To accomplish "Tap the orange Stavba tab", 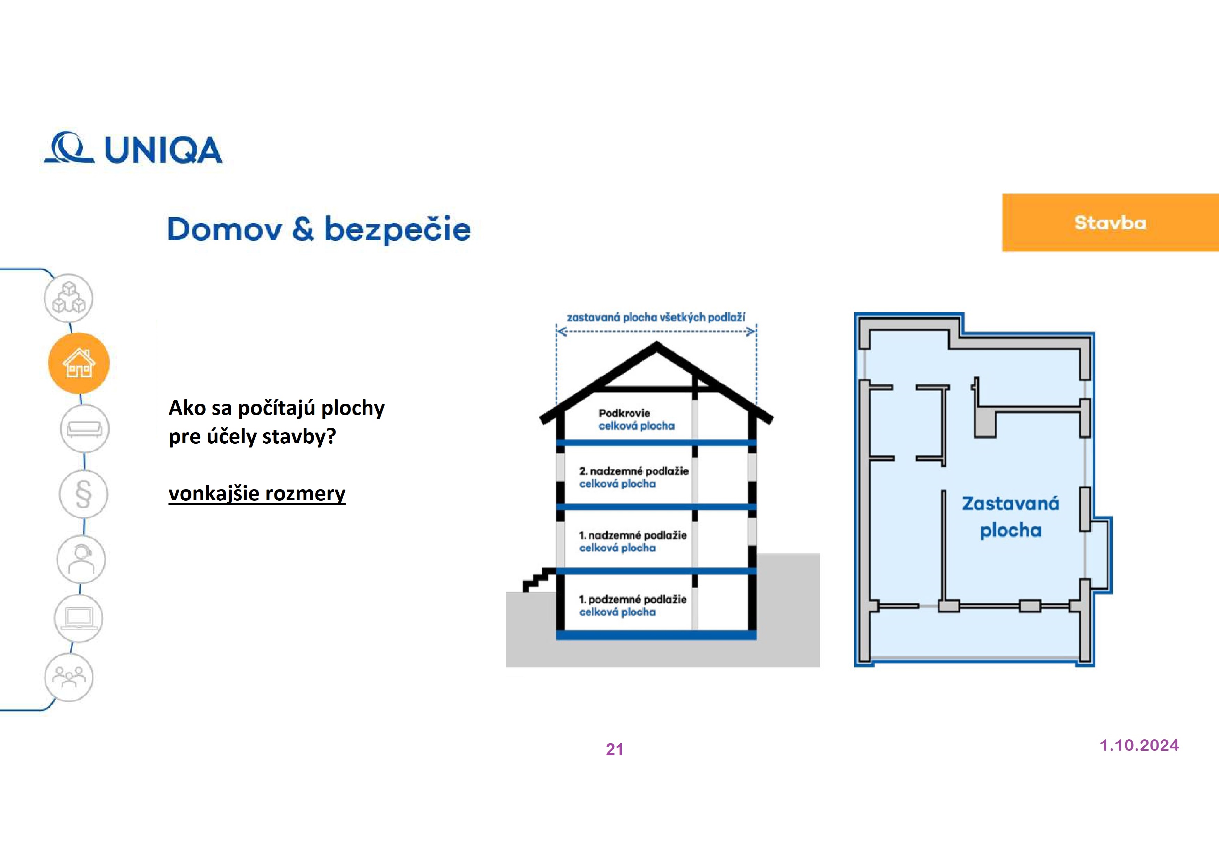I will (x=1110, y=223).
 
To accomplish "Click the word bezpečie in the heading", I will (x=397, y=229).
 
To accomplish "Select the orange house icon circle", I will (x=79, y=363).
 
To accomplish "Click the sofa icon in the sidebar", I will (x=84, y=429).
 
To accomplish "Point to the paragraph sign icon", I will (x=83, y=494).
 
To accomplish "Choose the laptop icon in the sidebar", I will (x=79, y=618).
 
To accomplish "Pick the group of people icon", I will (x=68, y=677).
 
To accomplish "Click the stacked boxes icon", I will (x=68, y=298).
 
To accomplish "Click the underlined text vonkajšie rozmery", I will (x=257, y=493).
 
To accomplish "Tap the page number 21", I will (x=614, y=749).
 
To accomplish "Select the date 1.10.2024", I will (x=1139, y=745).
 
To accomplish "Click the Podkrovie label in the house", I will (x=624, y=413).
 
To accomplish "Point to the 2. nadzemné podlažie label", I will (x=633, y=471).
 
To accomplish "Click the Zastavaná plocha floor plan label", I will (x=1010, y=517).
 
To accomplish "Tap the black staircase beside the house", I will (x=537, y=580).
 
